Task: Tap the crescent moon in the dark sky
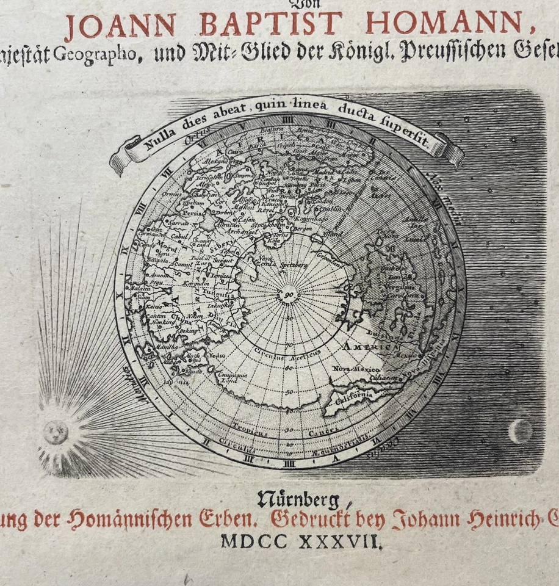520,432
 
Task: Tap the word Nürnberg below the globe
298,500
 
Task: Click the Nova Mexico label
356,369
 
